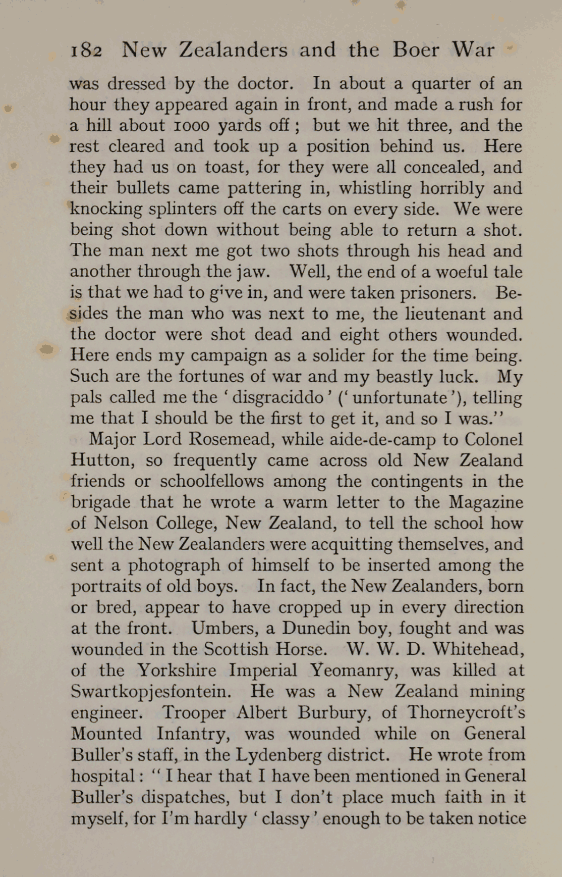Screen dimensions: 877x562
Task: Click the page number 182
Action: pyautogui.click(x=86, y=50)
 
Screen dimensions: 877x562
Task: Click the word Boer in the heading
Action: pyautogui.click(x=416, y=50)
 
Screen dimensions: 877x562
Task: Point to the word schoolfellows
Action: pyautogui.click(x=211, y=481)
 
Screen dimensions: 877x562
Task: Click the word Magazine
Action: pyautogui.click(x=486, y=502)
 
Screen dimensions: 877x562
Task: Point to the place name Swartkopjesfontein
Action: pyautogui.click(x=151, y=692)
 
